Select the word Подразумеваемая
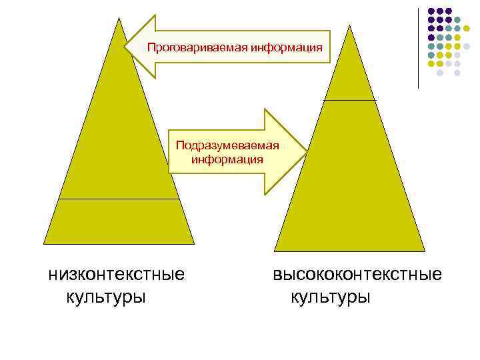[227, 145]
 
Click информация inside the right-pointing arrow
[227, 159]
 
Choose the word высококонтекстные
[357, 274]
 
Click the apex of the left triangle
[120, 19]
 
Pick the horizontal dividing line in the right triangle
[349, 100]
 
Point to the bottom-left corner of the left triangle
[44, 243]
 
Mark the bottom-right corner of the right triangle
[425, 251]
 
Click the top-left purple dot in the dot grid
[431, 11]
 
